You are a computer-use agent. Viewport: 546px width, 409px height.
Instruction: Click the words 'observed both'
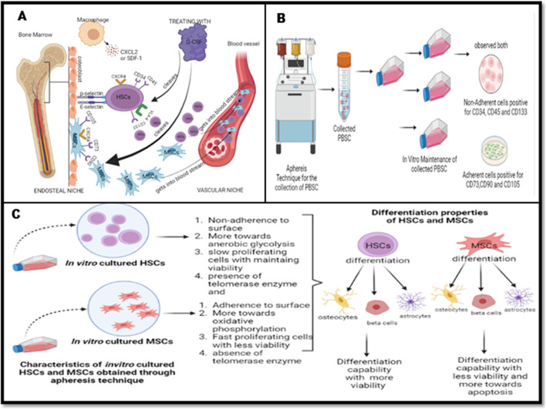coord(489,48)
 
